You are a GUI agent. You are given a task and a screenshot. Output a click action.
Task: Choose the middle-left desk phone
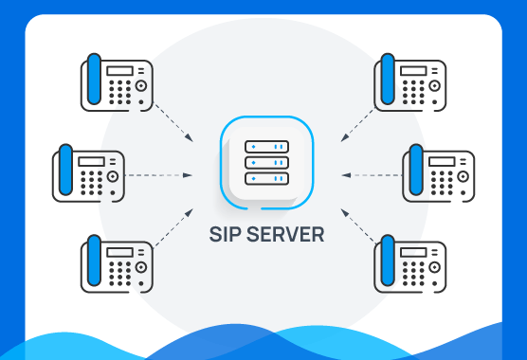[87, 174]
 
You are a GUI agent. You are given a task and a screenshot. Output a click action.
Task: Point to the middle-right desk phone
[437, 174]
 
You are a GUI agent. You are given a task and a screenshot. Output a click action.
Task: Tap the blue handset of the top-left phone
[93, 82]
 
